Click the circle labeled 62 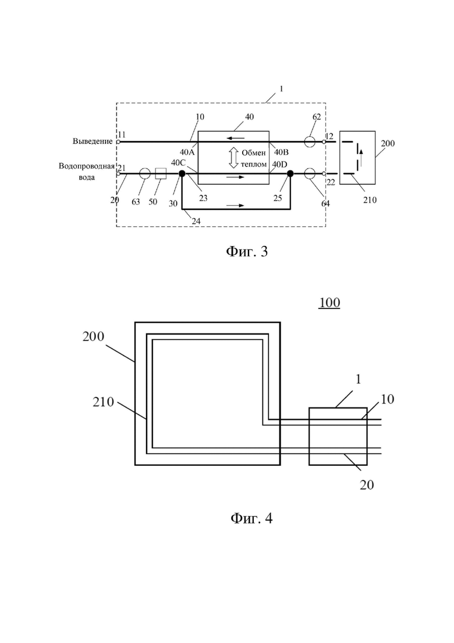tap(310, 142)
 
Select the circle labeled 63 tap(145, 174)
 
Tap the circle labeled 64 tap(310, 174)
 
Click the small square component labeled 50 tap(161, 174)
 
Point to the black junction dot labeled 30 tap(182, 174)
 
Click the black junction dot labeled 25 tap(290, 174)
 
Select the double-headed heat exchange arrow tap(233, 158)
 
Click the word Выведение tap(93, 142)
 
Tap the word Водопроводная tap(86, 167)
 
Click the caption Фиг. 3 tap(247, 251)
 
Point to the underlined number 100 tap(329, 303)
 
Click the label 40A tap(187, 153)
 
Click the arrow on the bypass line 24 tap(236, 205)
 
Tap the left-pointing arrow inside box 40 tap(237, 138)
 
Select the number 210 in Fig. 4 tap(103, 402)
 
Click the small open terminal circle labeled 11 tap(118, 142)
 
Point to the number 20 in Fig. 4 tap(367, 485)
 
